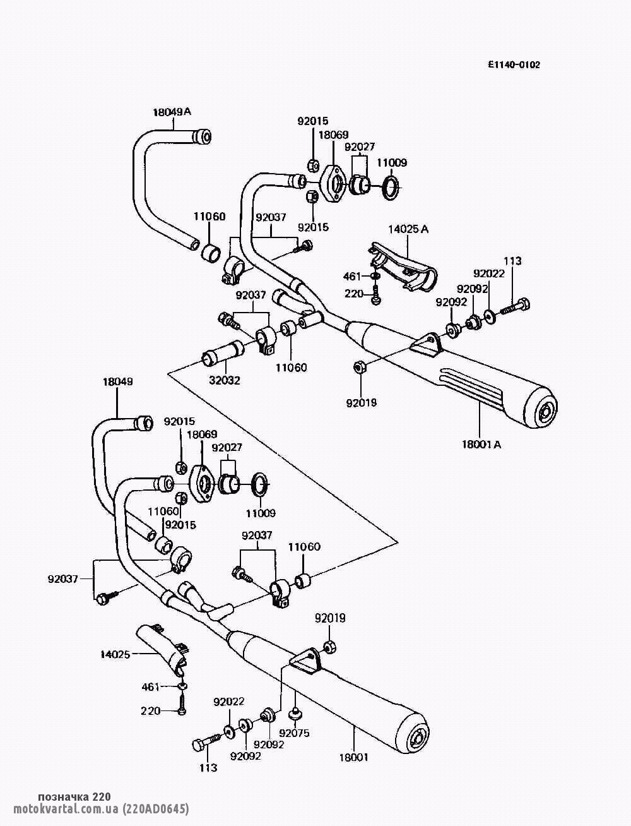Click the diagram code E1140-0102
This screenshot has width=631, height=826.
pos(514,64)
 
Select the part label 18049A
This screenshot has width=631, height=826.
pos(172,112)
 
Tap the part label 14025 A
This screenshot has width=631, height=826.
pos(408,229)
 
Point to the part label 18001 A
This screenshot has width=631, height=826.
pos(481,444)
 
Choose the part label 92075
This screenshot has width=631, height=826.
pos(295,733)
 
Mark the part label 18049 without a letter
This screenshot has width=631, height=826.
pos(118,381)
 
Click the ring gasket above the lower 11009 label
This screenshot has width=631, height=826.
pos(260,486)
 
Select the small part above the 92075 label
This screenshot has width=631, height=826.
pos(295,714)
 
